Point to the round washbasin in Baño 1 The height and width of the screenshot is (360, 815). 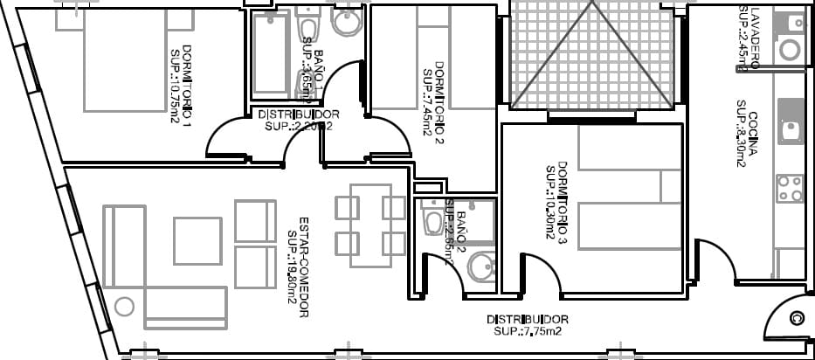[347, 25]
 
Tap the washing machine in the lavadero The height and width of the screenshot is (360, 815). [791, 49]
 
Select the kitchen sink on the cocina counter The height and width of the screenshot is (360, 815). [791, 130]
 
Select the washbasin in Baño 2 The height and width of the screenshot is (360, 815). [480, 267]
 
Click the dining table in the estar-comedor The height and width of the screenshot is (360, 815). [370, 225]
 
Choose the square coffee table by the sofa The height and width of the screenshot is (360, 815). [197, 240]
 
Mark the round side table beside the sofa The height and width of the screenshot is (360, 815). [124, 307]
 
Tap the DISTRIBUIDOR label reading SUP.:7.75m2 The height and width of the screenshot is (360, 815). [528, 325]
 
